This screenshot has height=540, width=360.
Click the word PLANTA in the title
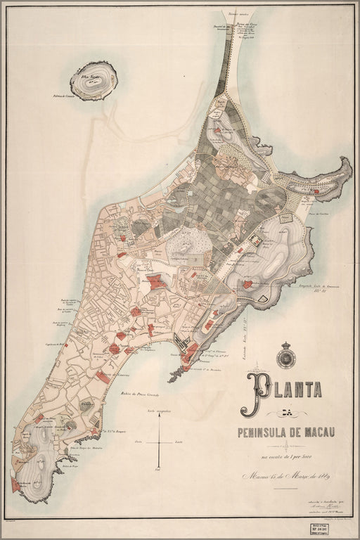coord(281,388)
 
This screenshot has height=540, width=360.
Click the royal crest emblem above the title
coord(286,354)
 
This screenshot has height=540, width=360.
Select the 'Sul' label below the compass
coord(160,469)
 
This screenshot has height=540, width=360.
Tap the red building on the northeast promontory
coord(316,191)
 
